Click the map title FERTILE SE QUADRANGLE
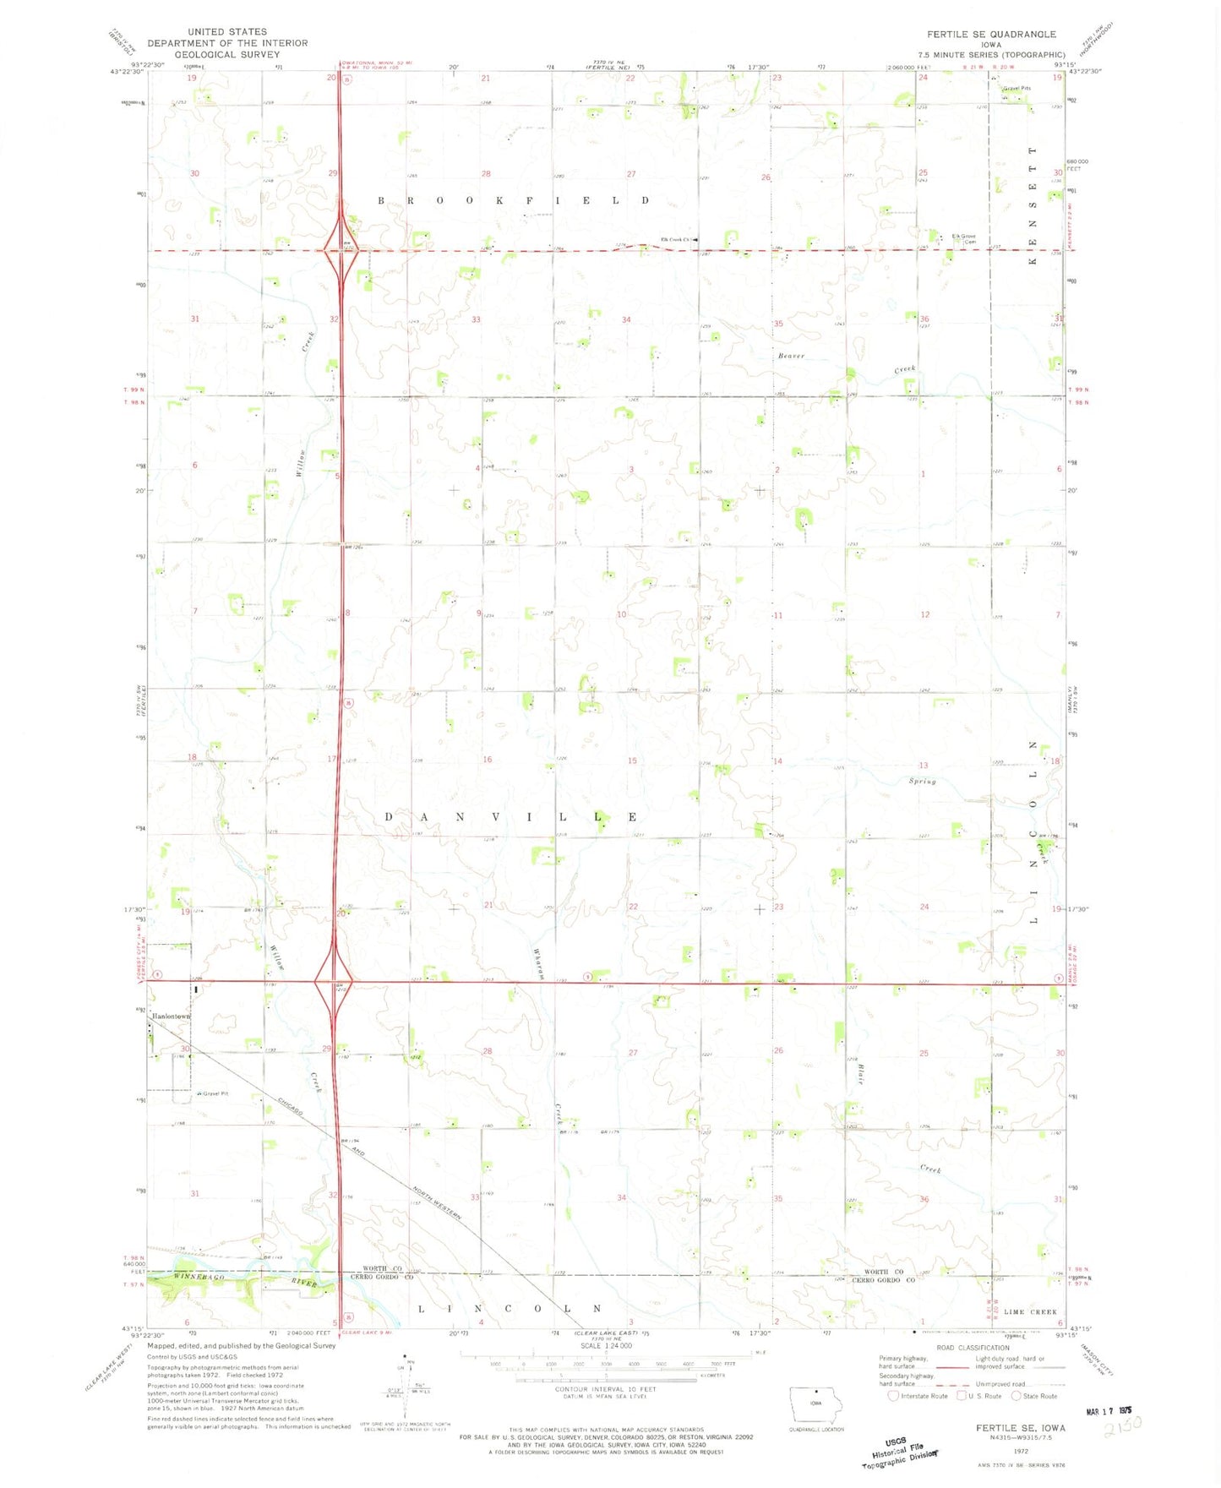click(x=990, y=34)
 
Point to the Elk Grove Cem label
click(x=964, y=238)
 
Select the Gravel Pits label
click(x=1016, y=88)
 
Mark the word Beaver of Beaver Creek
click(x=792, y=356)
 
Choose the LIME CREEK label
click(x=1031, y=1311)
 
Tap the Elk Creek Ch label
click(x=677, y=239)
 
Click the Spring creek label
click(x=923, y=781)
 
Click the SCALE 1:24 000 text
click(x=606, y=1345)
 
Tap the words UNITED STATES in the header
click(x=227, y=31)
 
